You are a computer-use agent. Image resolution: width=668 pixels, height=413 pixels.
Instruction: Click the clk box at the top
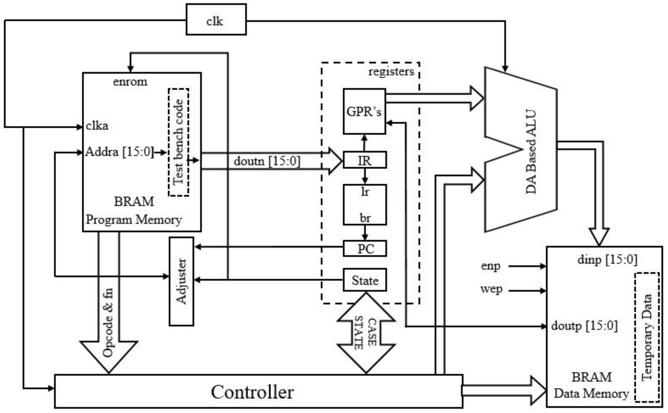[x=216, y=19]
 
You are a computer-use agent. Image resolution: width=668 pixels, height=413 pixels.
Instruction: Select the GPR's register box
[x=364, y=111]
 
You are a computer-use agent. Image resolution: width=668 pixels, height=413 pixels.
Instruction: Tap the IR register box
[x=365, y=160]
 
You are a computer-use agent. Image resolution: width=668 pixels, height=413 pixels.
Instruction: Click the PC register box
[x=365, y=249]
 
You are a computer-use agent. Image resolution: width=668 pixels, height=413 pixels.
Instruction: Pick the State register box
[x=365, y=280]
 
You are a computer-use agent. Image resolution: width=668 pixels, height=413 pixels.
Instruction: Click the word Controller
[x=252, y=392]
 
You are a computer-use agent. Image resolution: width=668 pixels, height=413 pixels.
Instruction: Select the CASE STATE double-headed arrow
[x=366, y=333]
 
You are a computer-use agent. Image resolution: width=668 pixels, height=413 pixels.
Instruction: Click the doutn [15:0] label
[x=267, y=161]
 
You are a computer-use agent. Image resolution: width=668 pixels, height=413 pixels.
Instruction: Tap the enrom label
[x=130, y=81]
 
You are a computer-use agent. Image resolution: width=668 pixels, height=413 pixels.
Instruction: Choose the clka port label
[x=97, y=126]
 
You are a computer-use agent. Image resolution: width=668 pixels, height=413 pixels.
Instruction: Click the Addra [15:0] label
[x=119, y=152]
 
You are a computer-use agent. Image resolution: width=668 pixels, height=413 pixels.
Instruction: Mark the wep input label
[x=491, y=289]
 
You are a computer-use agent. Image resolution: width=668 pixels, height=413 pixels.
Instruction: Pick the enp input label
[x=491, y=266]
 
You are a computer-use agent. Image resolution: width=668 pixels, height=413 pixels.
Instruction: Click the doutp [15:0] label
[x=584, y=326]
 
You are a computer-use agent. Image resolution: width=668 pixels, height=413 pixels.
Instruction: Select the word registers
[x=391, y=71]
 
